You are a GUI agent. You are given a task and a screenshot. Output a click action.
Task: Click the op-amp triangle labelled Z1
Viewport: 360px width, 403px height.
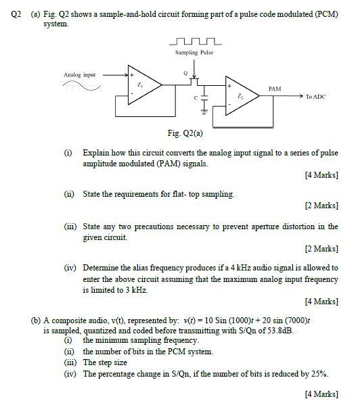click(x=141, y=85)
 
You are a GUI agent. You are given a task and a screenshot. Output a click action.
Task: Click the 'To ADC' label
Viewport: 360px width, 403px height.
click(x=315, y=97)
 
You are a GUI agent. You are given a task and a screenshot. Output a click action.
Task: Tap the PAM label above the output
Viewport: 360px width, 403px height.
click(x=274, y=89)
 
